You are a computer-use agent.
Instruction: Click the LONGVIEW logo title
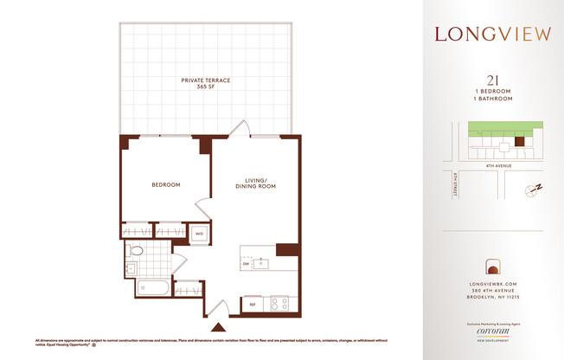point(492,35)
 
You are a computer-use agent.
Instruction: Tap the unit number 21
point(493,79)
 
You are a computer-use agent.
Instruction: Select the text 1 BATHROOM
point(493,100)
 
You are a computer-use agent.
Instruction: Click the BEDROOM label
point(165,184)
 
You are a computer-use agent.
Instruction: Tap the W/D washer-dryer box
point(198,234)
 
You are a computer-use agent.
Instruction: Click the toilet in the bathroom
point(137,252)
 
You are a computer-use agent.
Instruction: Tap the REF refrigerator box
point(253,304)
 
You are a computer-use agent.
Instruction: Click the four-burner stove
point(279,304)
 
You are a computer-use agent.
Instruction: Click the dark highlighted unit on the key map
point(520,141)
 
